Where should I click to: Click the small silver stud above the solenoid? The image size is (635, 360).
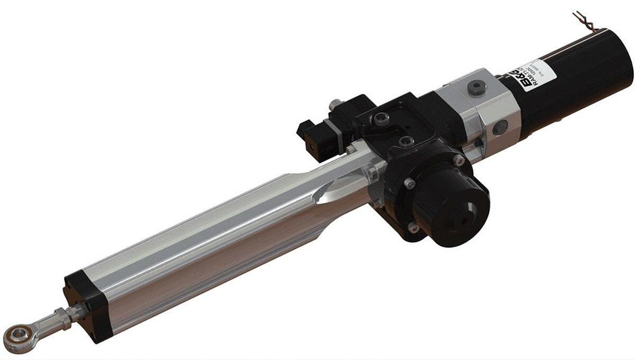(335, 104)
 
